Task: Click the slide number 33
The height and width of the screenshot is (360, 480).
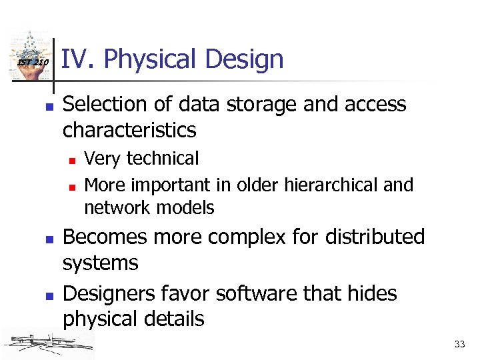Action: (x=459, y=344)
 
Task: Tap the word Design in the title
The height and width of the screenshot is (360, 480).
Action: (x=244, y=60)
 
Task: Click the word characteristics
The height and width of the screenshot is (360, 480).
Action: (x=129, y=130)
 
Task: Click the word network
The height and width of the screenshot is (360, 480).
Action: (x=115, y=208)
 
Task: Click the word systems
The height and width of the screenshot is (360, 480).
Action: (x=100, y=264)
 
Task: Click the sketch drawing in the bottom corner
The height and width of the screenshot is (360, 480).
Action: (x=47, y=343)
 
